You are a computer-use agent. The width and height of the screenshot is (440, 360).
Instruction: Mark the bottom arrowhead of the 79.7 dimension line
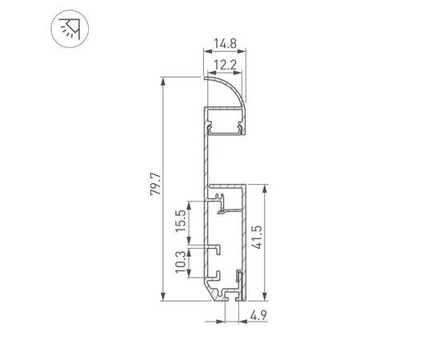[x=164, y=296]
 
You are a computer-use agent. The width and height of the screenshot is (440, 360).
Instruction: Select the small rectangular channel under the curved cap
[x=226, y=125]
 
